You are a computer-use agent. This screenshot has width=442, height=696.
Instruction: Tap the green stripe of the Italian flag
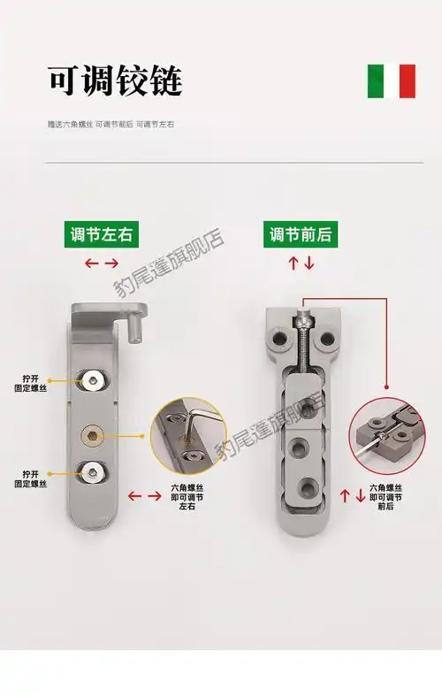[x=375, y=81]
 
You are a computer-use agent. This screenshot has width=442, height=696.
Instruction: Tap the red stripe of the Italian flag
[x=408, y=81]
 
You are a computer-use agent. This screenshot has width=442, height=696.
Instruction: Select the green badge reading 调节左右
[x=104, y=235]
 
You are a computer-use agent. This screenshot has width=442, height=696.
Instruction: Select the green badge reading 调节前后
[x=301, y=235]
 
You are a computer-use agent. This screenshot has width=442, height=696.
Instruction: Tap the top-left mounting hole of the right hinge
[x=282, y=337]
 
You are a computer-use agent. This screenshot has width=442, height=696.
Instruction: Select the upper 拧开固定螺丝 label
[x=32, y=381]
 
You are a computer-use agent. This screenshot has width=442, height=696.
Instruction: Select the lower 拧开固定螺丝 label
[x=32, y=478]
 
